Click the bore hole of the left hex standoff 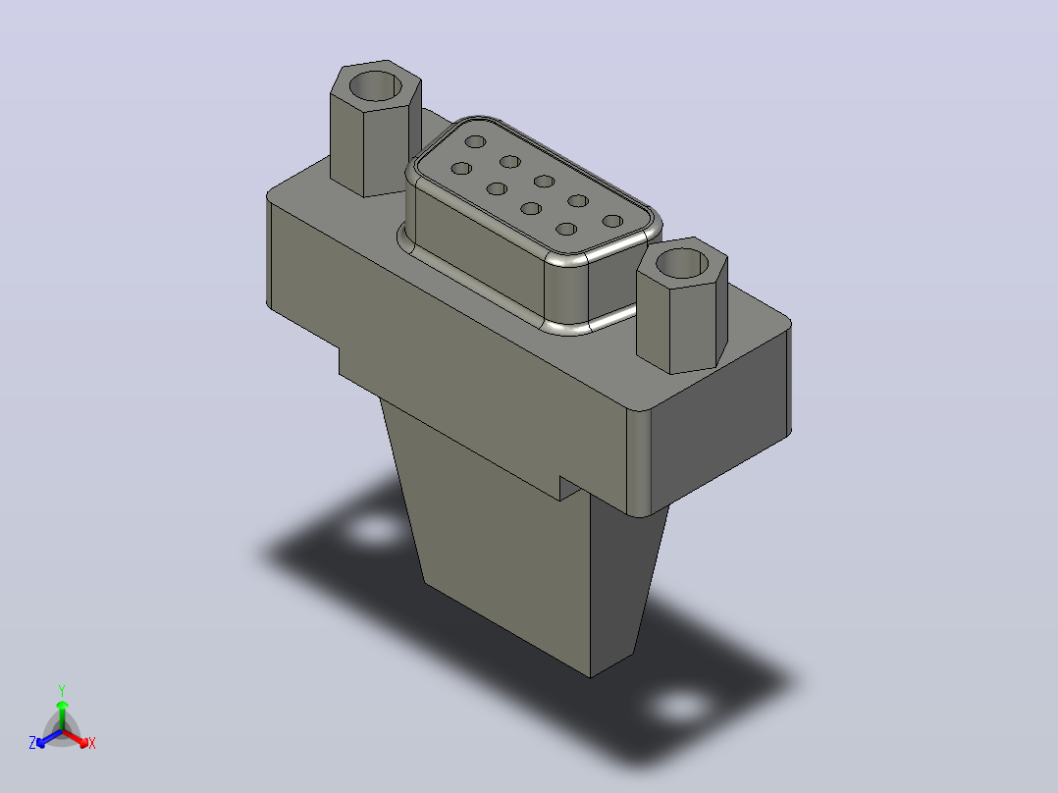coord(377,85)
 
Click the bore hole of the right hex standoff coord(682,262)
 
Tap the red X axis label coord(92,743)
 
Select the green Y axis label coord(62,690)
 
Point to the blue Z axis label coord(32,743)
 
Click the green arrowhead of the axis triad coord(62,705)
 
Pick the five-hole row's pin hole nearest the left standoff coord(476,141)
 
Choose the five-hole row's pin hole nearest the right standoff coord(612,221)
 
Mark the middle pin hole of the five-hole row coord(544,181)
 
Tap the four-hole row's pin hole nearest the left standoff coord(461,168)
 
